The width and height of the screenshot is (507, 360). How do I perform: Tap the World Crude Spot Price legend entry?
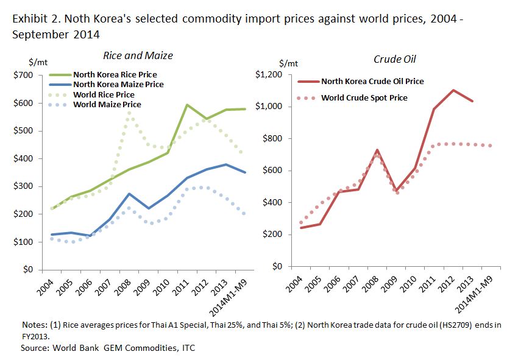pos(364,97)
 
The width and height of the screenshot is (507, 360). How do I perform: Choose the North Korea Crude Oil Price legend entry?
pos(372,81)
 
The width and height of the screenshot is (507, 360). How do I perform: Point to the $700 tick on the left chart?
pos(26,75)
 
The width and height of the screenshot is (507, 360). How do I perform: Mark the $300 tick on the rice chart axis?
pos(26,186)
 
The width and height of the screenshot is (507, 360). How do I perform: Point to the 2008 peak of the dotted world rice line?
pos(129,114)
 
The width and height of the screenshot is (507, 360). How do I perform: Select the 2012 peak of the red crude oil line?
pos(453,90)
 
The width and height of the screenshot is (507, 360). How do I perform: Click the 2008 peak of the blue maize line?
pos(129,194)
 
